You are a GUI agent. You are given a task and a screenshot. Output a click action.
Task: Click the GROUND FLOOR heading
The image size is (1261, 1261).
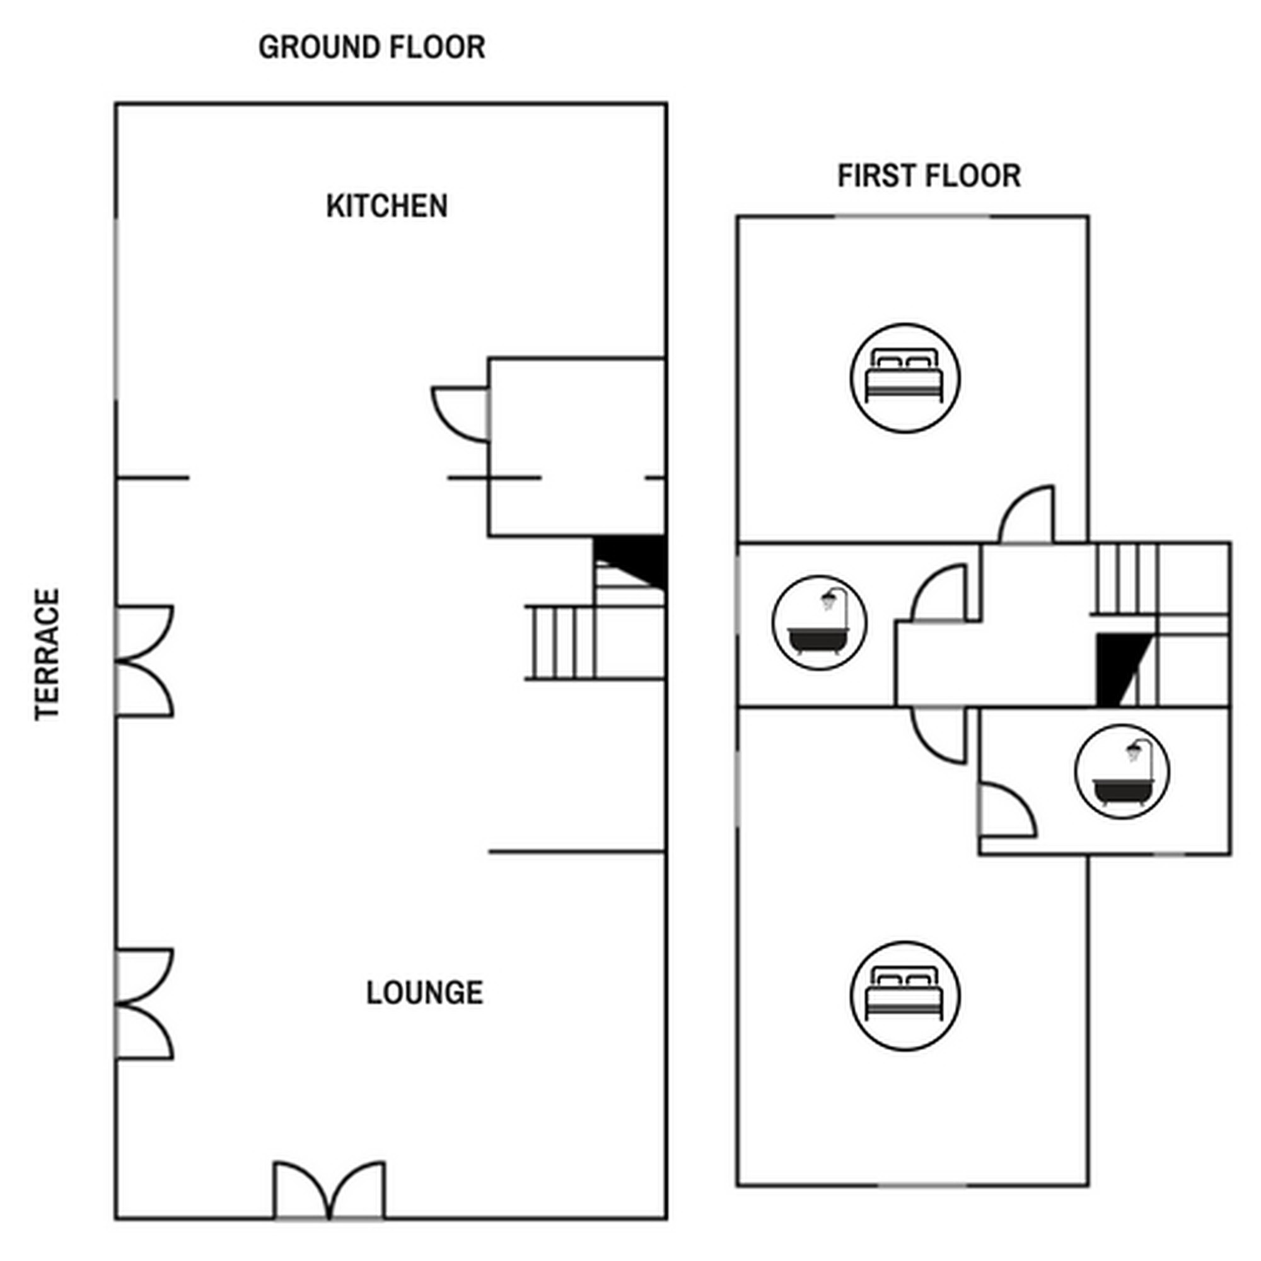[x=371, y=47]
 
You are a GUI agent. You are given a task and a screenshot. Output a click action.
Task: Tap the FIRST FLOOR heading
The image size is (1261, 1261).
[x=929, y=175]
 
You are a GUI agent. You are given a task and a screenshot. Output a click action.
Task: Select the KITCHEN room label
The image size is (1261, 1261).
[x=387, y=206]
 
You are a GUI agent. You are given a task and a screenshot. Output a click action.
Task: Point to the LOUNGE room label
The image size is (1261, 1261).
[x=425, y=993]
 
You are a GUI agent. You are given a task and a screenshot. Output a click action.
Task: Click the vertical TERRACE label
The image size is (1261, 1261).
[x=47, y=654]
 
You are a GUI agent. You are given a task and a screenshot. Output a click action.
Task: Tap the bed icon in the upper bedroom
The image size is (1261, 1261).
[x=905, y=378]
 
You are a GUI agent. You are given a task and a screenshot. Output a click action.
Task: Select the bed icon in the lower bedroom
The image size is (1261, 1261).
[x=905, y=996]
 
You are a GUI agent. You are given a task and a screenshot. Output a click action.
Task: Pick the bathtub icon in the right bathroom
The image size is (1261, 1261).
[x=1123, y=772]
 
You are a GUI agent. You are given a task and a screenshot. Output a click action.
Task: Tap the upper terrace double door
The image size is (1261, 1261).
[x=145, y=661]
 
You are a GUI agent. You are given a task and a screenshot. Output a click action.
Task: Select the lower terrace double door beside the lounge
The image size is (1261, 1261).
[x=145, y=1004]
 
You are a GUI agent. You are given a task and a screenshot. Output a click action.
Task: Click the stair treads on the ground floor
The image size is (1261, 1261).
[x=561, y=644]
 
